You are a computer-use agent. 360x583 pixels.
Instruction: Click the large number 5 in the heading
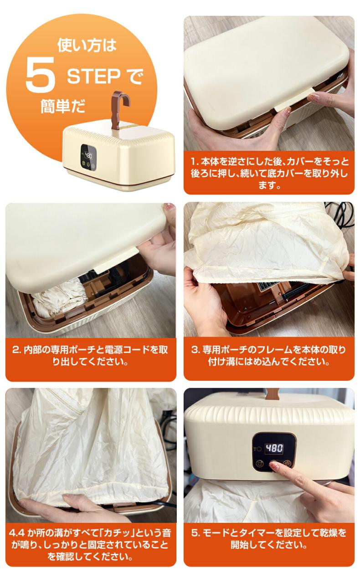click(x=40, y=75)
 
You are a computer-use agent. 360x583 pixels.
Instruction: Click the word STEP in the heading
click(x=94, y=77)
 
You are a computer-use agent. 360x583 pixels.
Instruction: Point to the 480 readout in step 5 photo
click(x=274, y=448)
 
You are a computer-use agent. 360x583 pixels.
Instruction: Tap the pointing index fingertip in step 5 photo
click(x=274, y=465)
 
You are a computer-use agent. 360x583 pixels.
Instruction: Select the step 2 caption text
click(x=90, y=356)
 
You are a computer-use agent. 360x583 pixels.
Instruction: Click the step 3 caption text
click(x=269, y=356)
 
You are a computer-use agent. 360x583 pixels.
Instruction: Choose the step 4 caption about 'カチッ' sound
click(x=90, y=545)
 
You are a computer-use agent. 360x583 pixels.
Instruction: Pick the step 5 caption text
click(x=269, y=539)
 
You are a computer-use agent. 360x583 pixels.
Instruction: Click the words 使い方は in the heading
click(x=87, y=46)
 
